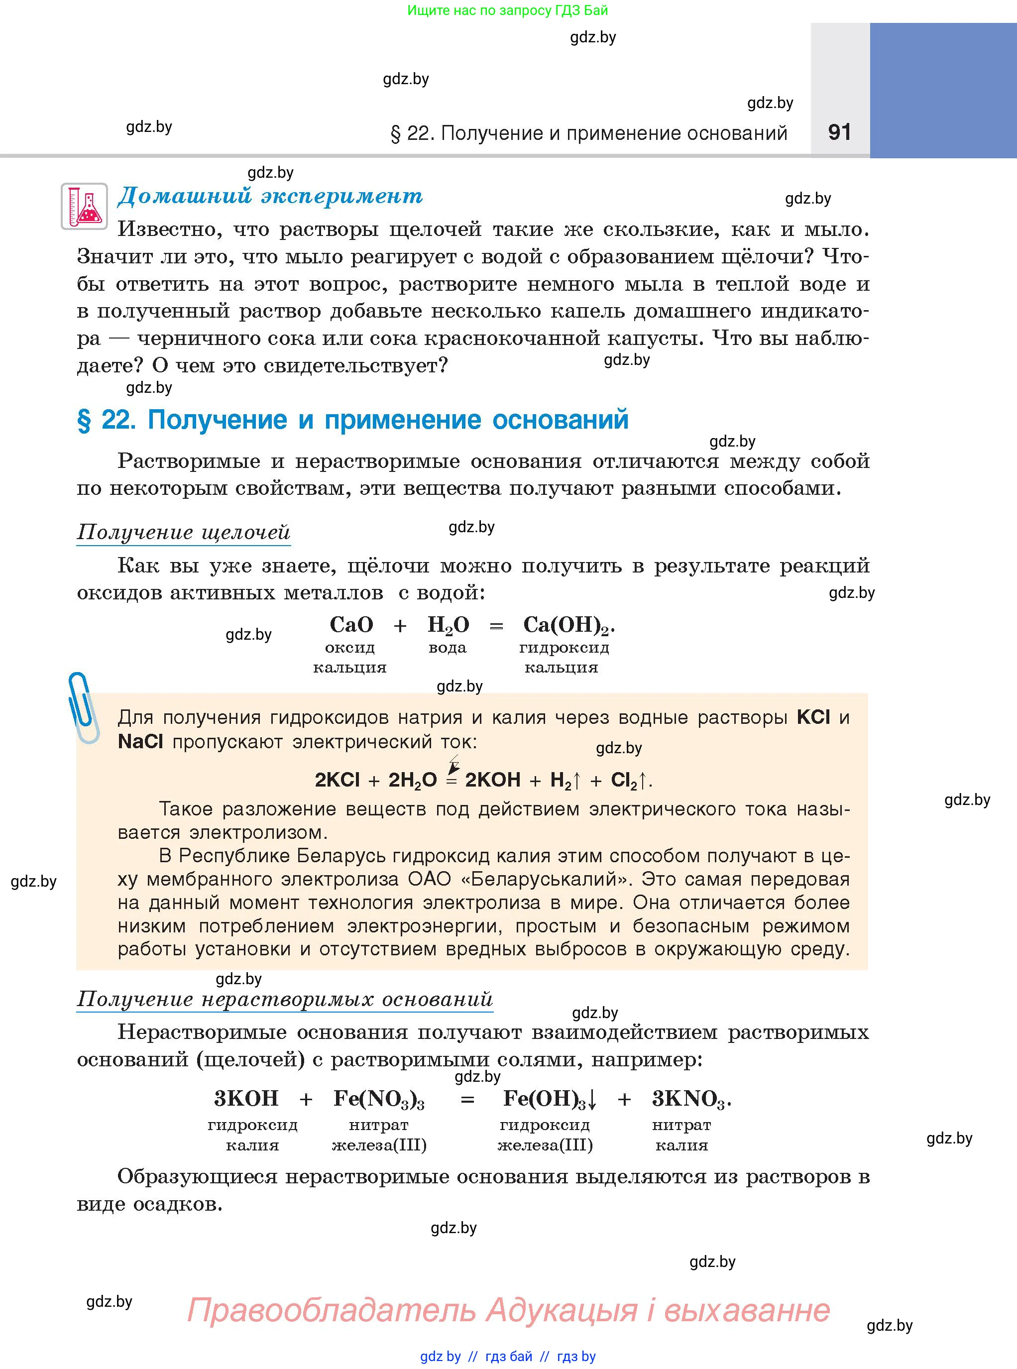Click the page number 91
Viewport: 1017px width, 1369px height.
tap(839, 132)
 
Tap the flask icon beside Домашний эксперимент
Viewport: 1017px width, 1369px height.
tap(84, 206)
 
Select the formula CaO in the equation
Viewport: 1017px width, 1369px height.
tap(351, 625)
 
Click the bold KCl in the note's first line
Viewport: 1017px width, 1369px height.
tap(813, 717)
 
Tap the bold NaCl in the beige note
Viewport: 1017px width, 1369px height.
tap(140, 742)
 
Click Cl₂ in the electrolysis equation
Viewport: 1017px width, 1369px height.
tap(623, 781)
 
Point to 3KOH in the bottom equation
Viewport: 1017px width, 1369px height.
tap(246, 1098)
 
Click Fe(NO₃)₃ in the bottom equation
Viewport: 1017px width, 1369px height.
tap(379, 1099)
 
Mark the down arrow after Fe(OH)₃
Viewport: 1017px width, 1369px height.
tap(592, 1099)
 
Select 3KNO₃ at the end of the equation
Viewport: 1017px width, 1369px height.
tap(689, 1099)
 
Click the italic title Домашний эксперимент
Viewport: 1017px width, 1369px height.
tap(270, 196)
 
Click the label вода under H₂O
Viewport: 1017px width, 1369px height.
tap(448, 648)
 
